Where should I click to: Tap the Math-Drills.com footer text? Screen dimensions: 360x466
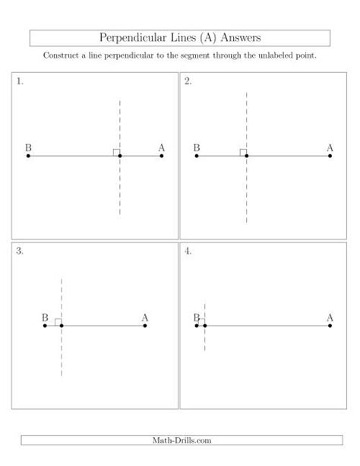180,439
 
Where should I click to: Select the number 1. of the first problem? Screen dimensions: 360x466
20,81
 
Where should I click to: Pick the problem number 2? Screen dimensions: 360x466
188,81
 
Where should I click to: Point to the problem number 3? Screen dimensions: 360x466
20,250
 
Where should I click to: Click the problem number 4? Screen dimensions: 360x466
188,250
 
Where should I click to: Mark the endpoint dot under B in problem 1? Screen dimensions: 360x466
28,156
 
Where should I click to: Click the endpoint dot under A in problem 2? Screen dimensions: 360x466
330,156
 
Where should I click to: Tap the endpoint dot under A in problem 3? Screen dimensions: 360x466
144,326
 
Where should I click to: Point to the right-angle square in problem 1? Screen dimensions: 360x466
116,153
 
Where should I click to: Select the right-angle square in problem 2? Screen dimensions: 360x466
243,153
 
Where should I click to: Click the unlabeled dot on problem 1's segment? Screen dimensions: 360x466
120,156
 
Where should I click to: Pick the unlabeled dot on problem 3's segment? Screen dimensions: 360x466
62,326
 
